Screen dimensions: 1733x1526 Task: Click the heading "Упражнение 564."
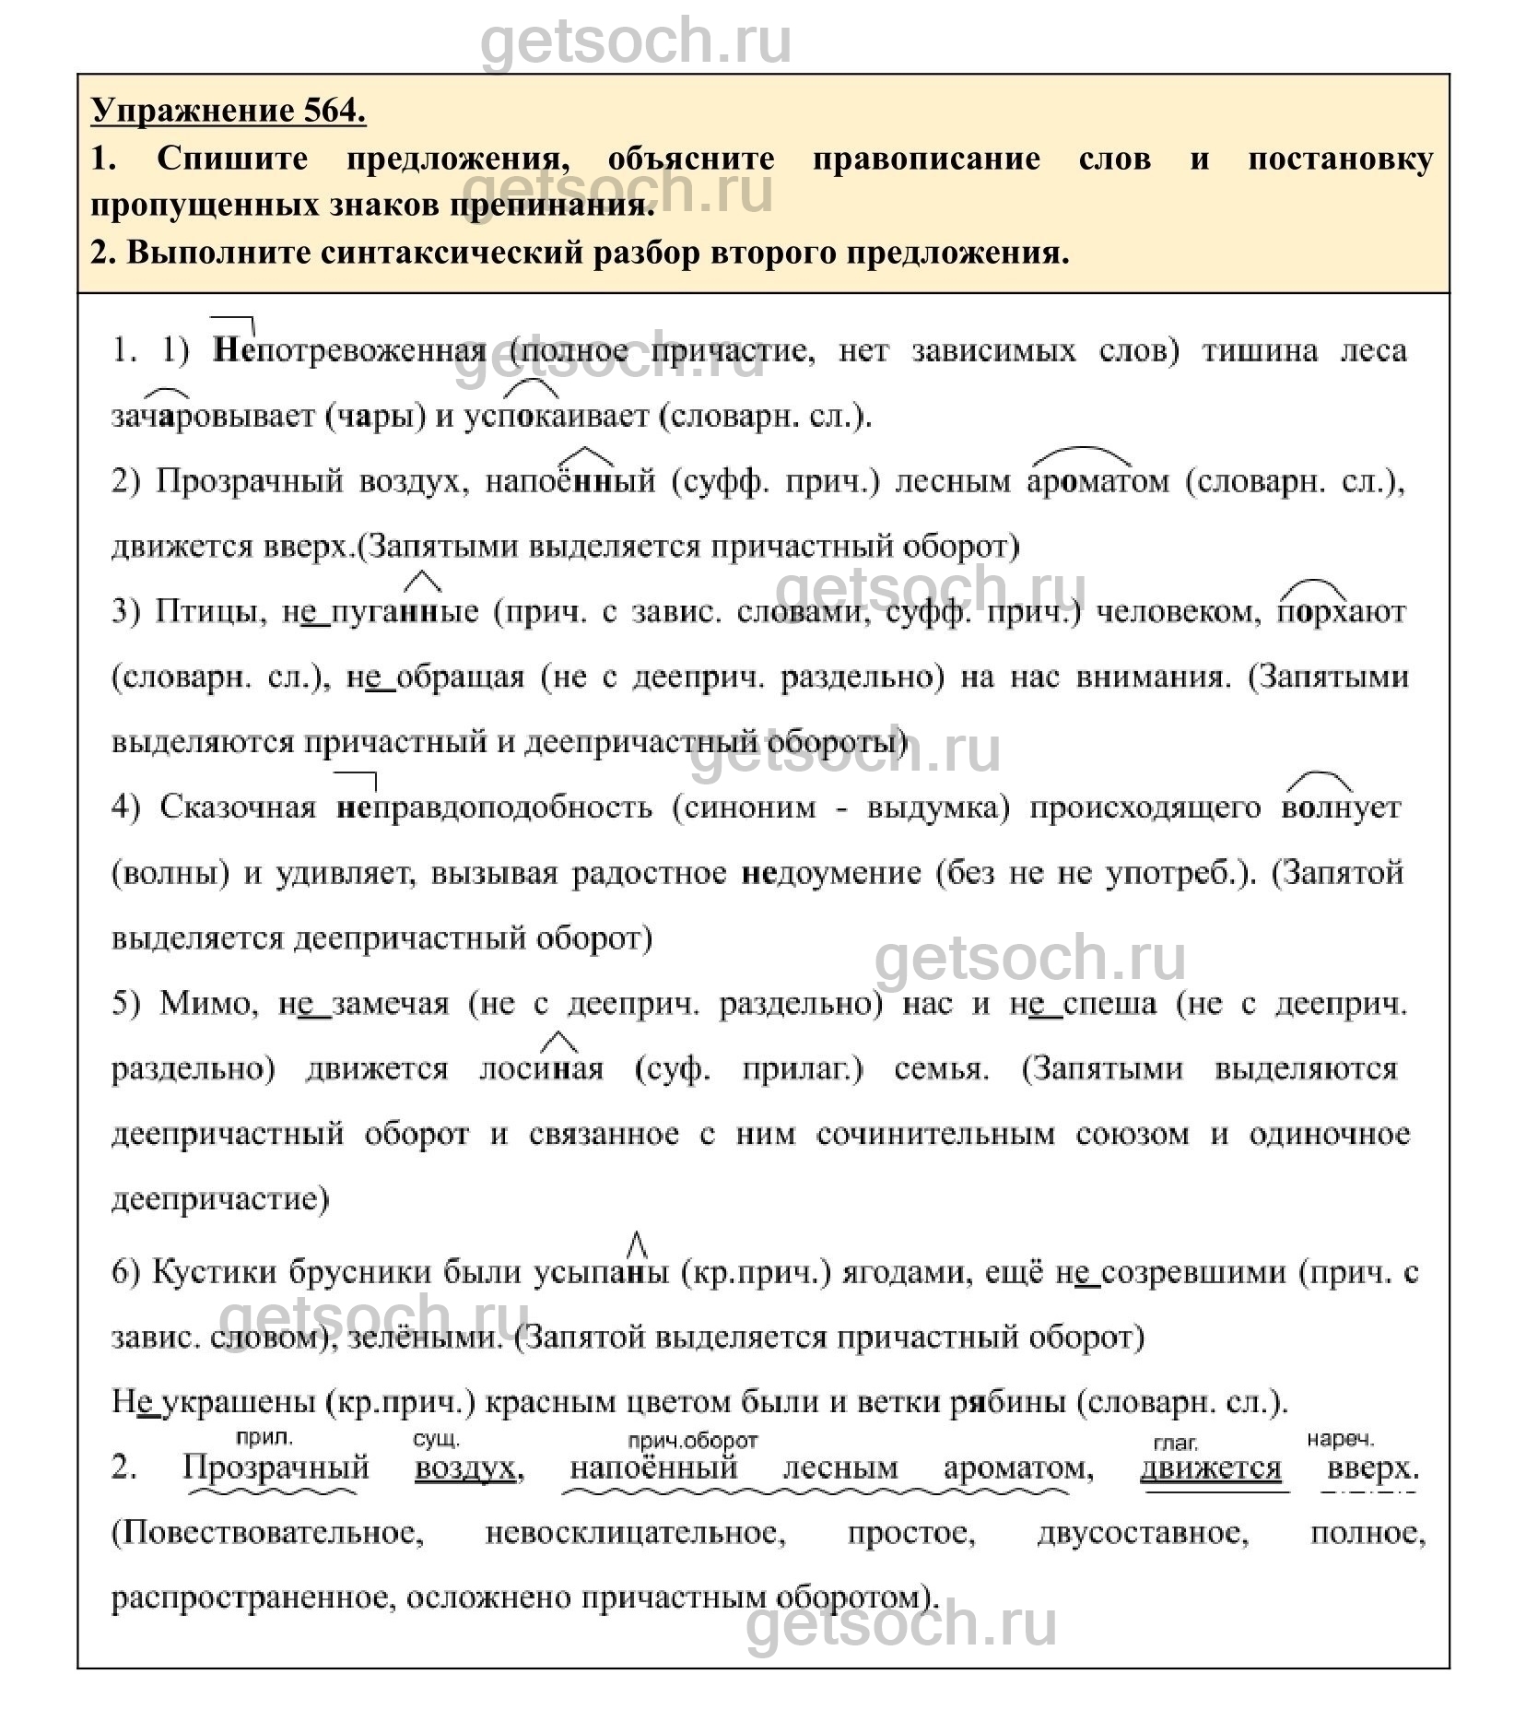(x=229, y=111)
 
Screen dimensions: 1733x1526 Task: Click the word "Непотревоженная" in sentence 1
(x=349, y=351)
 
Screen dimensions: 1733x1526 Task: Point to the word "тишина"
(x=1259, y=351)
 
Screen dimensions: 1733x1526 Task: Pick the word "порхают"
(x=1342, y=612)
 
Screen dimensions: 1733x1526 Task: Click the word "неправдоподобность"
(x=494, y=808)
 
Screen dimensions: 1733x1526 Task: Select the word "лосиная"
(x=542, y=1069)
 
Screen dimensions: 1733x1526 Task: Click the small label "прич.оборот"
(x=693, y=1441)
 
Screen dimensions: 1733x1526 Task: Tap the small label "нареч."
(x=1339, y=1439)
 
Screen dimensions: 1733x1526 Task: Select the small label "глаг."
(x=1175, y=1443)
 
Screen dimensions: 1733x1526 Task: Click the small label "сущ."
(x=436, y=1440)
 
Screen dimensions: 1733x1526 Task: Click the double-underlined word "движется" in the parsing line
(x=1210, y=1468)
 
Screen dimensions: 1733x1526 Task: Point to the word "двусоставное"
(x=1143, y=1534)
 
